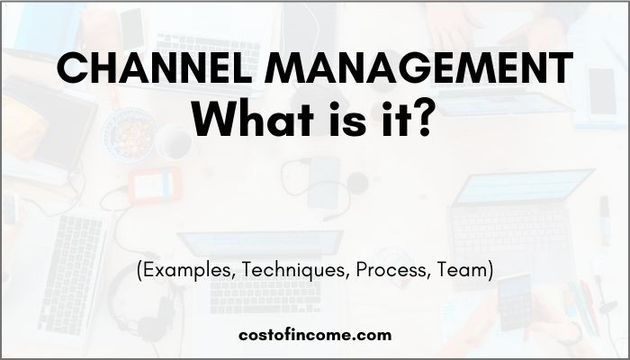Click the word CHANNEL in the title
pyautogui.click(x=154, y=67)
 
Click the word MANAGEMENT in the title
pyautogui.click(x=419, y=67)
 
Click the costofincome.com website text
pyautogui.click(x=315, y=335)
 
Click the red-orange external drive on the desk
pyautogui.click(x=155, y=185)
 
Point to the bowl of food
pyautogui.click(x=129, y=135)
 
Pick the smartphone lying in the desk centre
pyautogui.click(x=323, y=182)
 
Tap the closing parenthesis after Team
pyautogui.click(x=490, y=270)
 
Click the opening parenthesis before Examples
pyautogui.click(x=139, y=270)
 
